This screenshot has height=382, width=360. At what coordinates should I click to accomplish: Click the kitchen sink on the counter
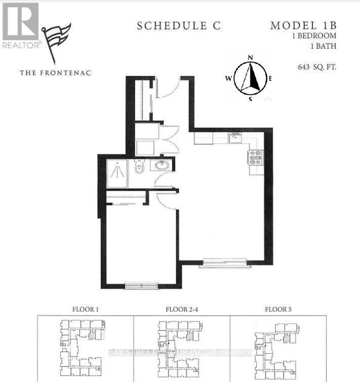point(235,137)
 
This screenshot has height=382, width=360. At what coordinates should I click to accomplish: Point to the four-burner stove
point(255,157)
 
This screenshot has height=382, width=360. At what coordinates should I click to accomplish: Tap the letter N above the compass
point(250,57)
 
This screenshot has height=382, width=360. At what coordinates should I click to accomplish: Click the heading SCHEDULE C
point(179,26)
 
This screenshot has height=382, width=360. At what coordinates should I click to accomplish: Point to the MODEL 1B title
point(303,25)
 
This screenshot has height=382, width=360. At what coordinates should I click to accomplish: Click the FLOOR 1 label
point(85,309)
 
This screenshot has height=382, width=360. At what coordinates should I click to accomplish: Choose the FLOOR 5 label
point(279,309)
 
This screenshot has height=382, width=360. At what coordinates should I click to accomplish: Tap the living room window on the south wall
point(225,263)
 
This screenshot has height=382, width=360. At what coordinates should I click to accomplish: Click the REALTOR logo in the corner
point(20,25)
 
